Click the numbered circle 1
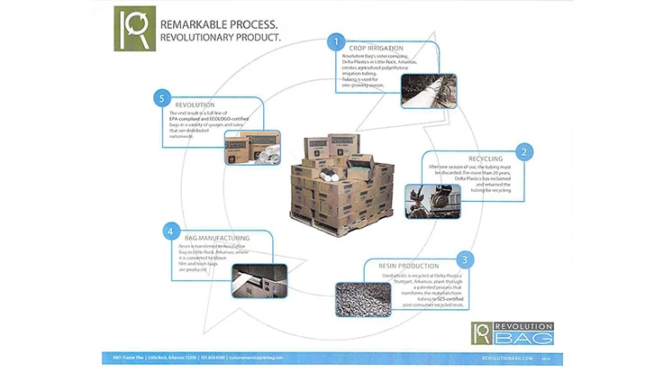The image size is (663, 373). coord(336,41)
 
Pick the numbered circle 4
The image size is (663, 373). coord(168,231)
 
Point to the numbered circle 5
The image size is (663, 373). coord(162,96)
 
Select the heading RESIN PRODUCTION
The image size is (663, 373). coord(403,266)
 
